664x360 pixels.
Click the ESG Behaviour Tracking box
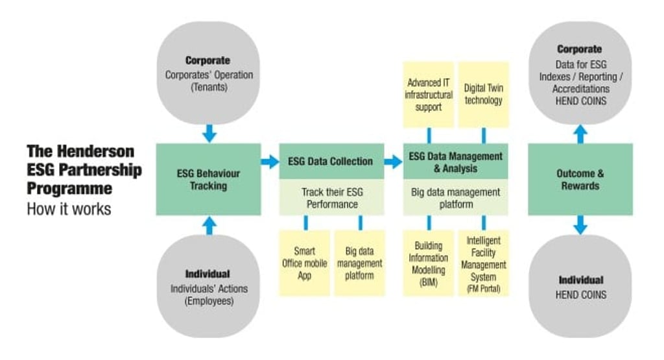(x=208, y=180)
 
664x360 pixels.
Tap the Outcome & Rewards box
(x=580, y=180)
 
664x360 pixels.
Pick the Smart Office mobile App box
(x=304, y=263)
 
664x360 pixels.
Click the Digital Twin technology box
(x=483, y=95)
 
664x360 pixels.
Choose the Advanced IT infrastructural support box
(x=429, y=95)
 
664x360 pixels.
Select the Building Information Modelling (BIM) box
(x=429, y=263)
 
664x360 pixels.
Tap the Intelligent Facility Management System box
(x=483, y=263)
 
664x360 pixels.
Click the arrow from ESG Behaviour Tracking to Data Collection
(x=270, y=162)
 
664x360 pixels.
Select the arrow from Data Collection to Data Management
(x=393, y=162)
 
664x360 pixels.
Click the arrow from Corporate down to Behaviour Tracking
(x=208, y=133)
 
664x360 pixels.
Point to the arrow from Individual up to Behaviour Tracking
(x=208, y=225)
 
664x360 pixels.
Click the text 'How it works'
(x=69, y=209)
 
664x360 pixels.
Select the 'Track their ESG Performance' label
(x=331, y=198)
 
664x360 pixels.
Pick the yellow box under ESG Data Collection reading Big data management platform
(x=359, y=263)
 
